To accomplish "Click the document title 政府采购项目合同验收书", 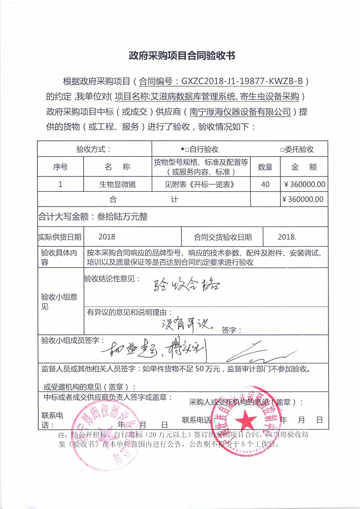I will [182, 56].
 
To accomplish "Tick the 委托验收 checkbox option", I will [297, 149].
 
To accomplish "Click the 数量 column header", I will [265, 167].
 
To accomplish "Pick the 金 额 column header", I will [304, 167].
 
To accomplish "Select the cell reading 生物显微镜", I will [117, 184].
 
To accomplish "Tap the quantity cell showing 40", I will [265, 184].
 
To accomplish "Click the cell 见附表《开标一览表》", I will [200, 184].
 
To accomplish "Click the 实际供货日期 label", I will [59, 237].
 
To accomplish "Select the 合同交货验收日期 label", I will [223, 237].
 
